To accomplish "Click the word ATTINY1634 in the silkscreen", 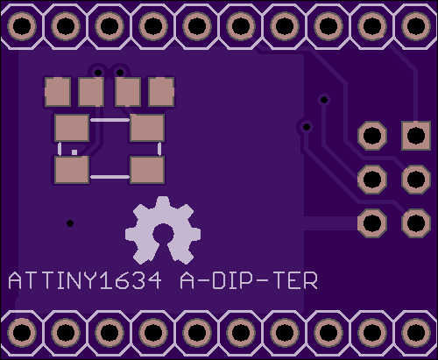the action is coord(85,280).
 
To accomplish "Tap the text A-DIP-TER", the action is coord(249,280).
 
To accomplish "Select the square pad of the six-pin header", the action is coord(416,136).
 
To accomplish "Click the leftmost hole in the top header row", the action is coord(22,26).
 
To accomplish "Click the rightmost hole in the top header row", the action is coord(416,26).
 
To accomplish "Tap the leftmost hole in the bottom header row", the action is coord(22,333).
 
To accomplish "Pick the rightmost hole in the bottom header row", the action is coord(416,333).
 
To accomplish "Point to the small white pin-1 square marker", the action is coord(74,152).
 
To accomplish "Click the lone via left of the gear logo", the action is coord(70,223).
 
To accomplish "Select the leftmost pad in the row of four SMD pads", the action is coord(58,92).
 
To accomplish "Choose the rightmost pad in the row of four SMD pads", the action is coord(161,92).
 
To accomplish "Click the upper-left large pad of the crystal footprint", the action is coord(72,128).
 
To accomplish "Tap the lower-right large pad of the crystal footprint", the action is coord(147,170).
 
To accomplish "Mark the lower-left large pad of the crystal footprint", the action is coord(72,170).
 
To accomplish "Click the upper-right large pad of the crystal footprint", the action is coord(147,128).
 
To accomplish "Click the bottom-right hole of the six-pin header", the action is coord(416,223).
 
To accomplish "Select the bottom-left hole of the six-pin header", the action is coord(372,223).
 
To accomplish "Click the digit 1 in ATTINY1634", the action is coord(104,280).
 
